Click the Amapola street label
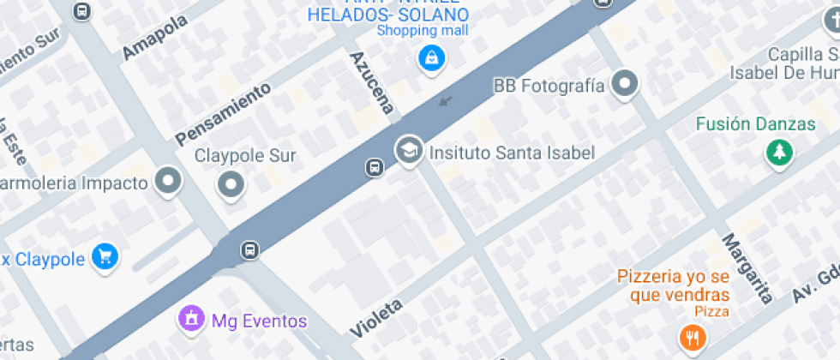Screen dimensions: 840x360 (x=155, y=39)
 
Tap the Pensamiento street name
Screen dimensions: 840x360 (x=222, y=113)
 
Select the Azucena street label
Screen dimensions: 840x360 (x=372, y=82)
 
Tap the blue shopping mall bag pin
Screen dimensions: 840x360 (x=429, y=58)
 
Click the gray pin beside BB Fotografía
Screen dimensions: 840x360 (x=627, y=85)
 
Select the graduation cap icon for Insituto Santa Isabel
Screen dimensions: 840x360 (x=409, y=152)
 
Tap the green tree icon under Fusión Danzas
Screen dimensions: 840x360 (x=779, y=153)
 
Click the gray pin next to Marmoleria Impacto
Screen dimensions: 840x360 (x=167, y=182)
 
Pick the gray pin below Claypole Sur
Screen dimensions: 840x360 (x=231, y=183)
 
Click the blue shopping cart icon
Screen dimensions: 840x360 (x=105, y=256)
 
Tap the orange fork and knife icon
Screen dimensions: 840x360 (x=693, y=337)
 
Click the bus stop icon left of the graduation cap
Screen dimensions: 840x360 (x=375, y=167)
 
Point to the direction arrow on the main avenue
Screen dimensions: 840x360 (x=444, y=102)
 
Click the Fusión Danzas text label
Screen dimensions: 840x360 (x=755, y=124)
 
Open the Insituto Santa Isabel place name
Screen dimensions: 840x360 (x=511, y=153)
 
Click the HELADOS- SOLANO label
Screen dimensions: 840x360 (x=388, y=15)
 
